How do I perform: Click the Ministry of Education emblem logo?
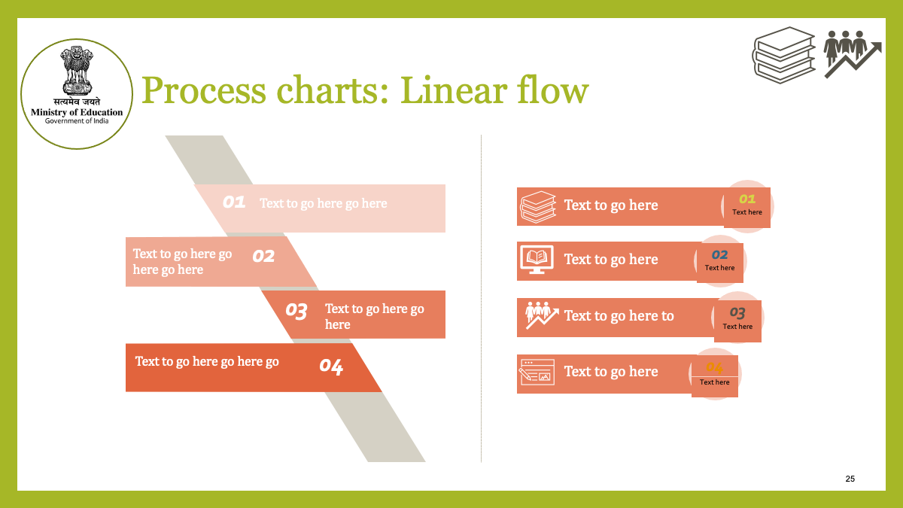tap(77, 94)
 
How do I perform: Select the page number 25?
tap(850, 479)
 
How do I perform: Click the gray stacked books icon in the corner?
tap(783, 55)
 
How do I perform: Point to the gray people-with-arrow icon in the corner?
tap(852, 54)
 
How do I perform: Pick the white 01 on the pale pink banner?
tap(234, 202)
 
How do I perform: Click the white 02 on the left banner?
tap(263, 256)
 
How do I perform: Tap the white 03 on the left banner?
tap(296, 311)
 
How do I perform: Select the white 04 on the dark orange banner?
tap(331, 366)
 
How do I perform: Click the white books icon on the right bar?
tap(538, 207)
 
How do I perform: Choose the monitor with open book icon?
tap(537, 260)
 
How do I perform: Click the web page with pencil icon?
tap(537, 372)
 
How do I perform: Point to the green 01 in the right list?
tap(747, 199)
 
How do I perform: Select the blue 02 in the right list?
tap(719, 255)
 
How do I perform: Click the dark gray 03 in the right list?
tap(737, 312)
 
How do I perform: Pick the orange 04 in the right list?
tap(714, 368)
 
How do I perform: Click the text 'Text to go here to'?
tap(619, 315)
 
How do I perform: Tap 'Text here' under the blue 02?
tap(719, 268)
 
